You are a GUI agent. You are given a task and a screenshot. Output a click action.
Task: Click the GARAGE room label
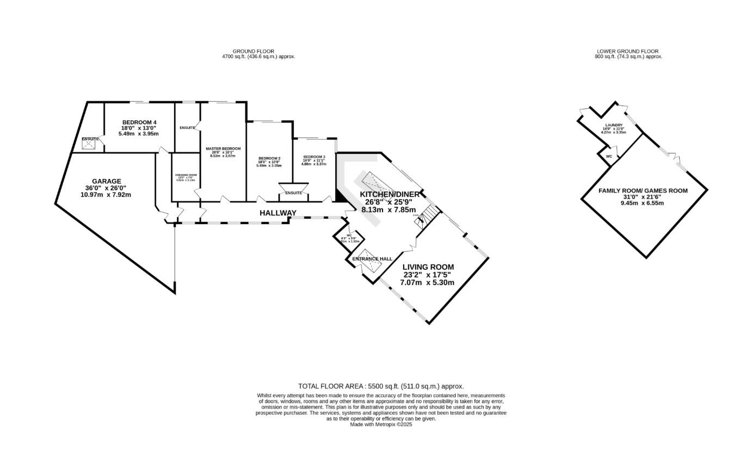tap(106, 181)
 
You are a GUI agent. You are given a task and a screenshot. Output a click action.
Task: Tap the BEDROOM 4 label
tap(139, 122)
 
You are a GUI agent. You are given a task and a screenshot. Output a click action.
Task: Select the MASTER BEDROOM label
tap(223, 149)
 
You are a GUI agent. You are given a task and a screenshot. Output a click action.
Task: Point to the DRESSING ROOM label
tap(186, 175)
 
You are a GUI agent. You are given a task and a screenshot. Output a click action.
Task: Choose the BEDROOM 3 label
tap(313, 157)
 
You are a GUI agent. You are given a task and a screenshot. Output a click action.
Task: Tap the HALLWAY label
tap(278, 213)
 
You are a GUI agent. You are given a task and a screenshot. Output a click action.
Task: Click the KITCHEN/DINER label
tap(390, 194)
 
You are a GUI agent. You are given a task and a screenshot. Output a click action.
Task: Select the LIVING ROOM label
tap(428, 267)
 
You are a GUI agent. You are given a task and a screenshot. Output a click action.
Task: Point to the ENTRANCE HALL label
tap(372, 259)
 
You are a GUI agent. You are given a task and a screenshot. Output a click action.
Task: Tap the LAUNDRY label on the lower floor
tap(613, 125)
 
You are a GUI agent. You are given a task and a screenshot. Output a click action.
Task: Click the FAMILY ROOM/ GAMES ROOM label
tap(643, 191)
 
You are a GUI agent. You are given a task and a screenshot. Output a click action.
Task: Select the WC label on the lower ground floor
tap(609, 157)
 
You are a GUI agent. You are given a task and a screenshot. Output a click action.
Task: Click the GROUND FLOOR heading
tap(253, 51)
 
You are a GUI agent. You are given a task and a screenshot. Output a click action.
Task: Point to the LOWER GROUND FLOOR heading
tap(627, 51)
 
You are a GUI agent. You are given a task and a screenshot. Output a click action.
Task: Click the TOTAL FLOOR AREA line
tap(381, 386)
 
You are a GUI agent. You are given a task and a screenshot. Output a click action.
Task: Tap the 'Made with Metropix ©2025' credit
tap(381, 424)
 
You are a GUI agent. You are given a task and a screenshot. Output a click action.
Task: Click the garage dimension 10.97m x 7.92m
tap(106, 194)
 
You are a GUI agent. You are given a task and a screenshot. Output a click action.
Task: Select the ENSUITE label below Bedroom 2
tap(293, 193)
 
